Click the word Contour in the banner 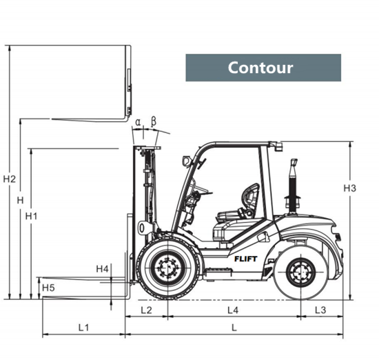pos(260,68)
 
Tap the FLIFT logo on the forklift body pos(246,259)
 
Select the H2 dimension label pos(10,179)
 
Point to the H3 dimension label pos(350,188)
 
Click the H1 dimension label pos(32,216)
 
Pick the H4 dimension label pos(103,269)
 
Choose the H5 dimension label pos(48,288)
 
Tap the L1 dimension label pos(83,328)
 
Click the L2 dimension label pos(147,310)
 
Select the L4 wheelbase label pos(233,310)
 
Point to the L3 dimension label pos(320,310)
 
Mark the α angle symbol pos(138,122)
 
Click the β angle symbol pos(154,121)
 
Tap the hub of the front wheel pos(167,268)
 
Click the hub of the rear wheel pos(301,272)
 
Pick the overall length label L pos(234,328)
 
